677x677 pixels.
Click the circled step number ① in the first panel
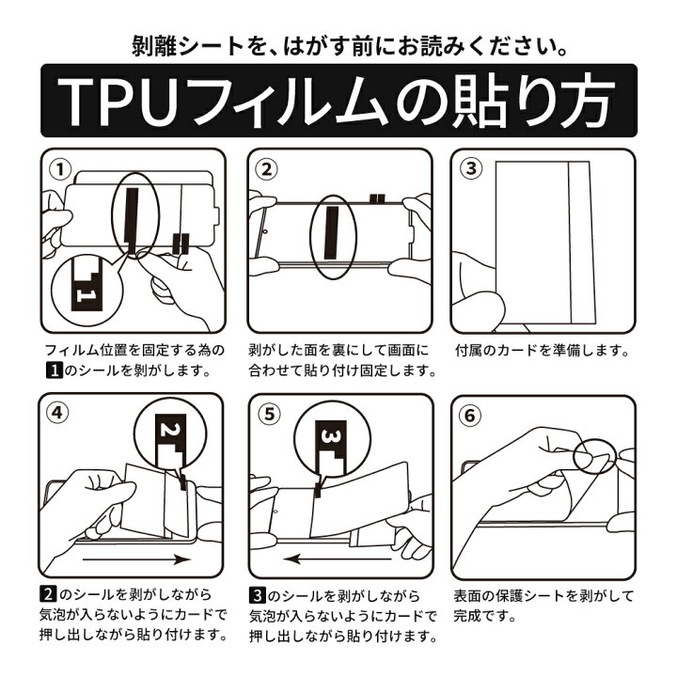pyautogui.click(x=60, y=169)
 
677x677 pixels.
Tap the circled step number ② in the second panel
pyautogui.click(x=266, y=169)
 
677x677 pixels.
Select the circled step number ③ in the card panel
pyautogui.click(x=471, y=168)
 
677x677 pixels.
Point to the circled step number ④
pyautogui.click(x=57, y=413)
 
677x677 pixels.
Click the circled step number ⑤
pyautogui.click(x=270, y=414)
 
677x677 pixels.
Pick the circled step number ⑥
pyautogui.click(x=470, y=416)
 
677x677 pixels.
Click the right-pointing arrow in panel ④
pyautogui.click(x=136, y=560)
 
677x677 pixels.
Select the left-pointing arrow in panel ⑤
pyautogui.click(x=338, y=559)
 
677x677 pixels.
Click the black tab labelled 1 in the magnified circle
pyautogui.click(x=87, y=284)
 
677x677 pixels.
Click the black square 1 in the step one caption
pyautogui.click(x=55, y=370)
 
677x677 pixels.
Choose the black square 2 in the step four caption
pyautogui.click(x=48, y=594)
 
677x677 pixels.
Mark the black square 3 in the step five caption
pyautogui.click(x=258, y=596)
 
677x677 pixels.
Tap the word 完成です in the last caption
pyautogui.click(x=485, y=616)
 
